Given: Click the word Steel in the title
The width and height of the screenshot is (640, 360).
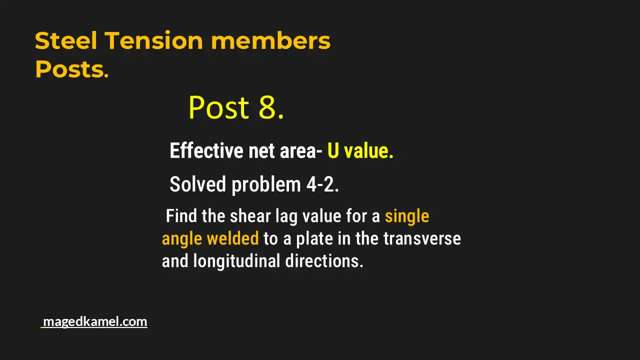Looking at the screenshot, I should click(x=66, y=40).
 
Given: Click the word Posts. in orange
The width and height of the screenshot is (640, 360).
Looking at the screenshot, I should click(x=71, y=69).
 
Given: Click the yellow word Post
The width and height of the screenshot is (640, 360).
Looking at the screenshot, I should click(x=219, y=107).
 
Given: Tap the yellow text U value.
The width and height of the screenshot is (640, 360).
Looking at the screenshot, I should click(x=360, y=150).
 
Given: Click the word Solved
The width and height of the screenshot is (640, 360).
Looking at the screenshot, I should click(x=198, y=184).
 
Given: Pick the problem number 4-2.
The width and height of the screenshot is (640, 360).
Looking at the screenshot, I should click(x=322, y=184).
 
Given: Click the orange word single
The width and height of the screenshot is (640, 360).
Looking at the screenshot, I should click(x=406, y=216).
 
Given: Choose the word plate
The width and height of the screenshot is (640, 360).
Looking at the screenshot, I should click(x=314, y=238).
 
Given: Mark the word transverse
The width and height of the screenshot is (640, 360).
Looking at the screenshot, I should click(x=422, y=238).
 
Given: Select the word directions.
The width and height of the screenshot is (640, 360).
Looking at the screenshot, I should click(x=324, y=260).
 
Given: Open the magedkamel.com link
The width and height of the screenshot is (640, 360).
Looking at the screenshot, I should click(x=94, y=321).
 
